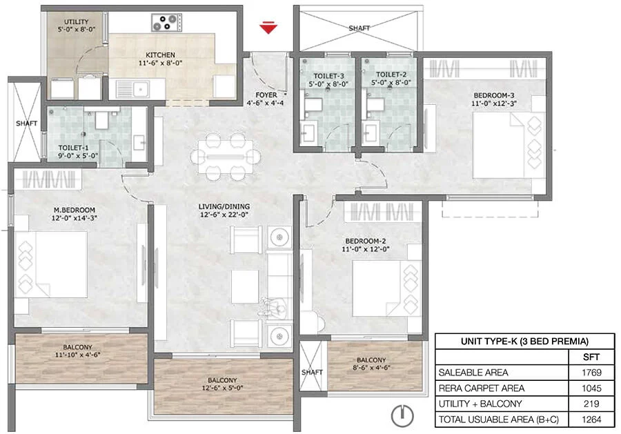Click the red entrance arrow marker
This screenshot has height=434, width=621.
[x=268, y=28]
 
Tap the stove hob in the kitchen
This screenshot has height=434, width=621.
[x=167, y=22]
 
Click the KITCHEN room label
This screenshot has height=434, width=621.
[x=160, y=55]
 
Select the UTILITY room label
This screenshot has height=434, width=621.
[x=77, y=22]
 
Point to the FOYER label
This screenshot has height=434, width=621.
[x=266, y=95]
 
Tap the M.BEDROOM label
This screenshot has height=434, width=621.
[x=75, y=210]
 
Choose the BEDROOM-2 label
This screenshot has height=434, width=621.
[x=366, y=241]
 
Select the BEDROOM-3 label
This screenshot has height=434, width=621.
[x=494, y=95]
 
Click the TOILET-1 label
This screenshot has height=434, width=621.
[x=73, y=148]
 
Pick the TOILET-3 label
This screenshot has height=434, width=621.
[x=328, y=76]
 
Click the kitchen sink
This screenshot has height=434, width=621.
[x=132, y=89]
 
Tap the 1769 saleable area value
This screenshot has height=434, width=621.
[x=591, y=373]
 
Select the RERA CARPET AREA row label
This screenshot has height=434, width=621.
[x=481, y=388]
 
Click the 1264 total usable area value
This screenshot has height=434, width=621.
[x=591, y=420]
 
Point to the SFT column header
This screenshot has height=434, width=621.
[x=591, y=357]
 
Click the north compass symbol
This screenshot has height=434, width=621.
[x=402, y=416]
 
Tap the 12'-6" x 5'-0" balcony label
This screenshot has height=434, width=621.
[x=222, y=388]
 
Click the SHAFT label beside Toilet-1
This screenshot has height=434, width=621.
[x=26, y=124]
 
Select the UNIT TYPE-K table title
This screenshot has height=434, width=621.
[x=525, y=342]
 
